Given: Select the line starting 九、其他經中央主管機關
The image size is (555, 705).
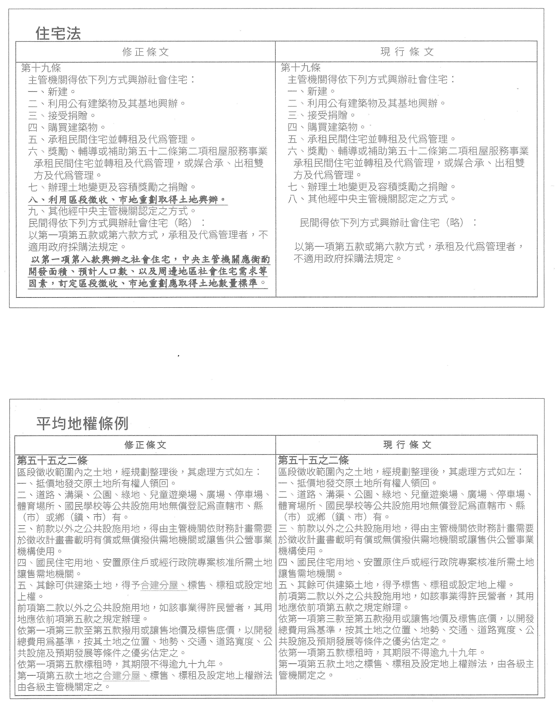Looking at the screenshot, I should coord(112,211).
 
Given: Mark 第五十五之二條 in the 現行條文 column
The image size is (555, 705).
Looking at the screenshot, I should coord(314,460).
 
